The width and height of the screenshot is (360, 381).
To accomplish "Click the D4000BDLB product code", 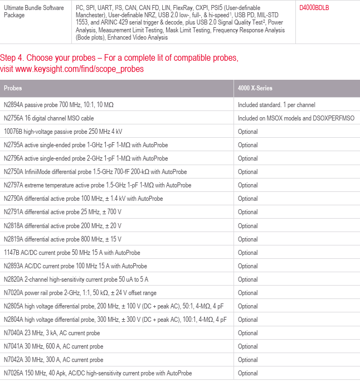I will point(314,8).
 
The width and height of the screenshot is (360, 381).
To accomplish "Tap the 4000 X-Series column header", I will point(255,88).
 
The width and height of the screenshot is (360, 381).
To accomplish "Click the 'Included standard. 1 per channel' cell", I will point(276,104).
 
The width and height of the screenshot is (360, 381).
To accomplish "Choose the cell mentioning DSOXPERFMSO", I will point(293,118).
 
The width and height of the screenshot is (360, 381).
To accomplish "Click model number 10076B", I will point(13,131).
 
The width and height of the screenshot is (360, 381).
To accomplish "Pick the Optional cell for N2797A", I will point(247,185).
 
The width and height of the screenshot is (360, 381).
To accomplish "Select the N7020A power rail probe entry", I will point(80,293).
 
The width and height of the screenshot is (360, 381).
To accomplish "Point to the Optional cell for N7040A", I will point(247,333).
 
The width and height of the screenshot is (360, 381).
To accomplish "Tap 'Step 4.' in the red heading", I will point(12,58).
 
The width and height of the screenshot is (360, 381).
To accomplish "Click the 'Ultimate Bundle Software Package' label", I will point(33,11).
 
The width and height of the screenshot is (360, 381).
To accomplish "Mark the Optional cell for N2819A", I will point(247,239).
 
